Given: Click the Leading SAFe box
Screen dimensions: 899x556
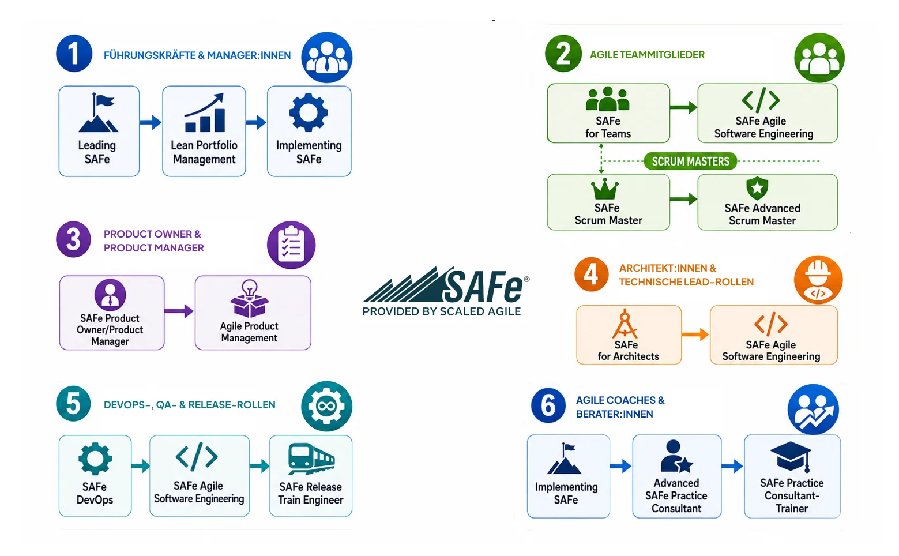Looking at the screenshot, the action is pyautogui.click(x=99, y=131).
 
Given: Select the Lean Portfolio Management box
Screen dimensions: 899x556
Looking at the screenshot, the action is pyautogui.click(x=204, y=131).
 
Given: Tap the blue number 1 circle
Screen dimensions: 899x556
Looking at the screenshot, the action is pyautogui.click(x=74, y=54).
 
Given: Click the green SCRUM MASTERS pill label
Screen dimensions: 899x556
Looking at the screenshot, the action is pyautogui.click(x=690, y=161).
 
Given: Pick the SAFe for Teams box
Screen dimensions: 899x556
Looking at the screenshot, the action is pyautogui.click(x=608, y=113).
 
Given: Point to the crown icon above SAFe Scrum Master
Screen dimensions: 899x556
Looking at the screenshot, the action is pyautogui.click(x=605, y=189).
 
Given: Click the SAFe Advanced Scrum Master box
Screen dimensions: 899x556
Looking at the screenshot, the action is pyautogui.click(x=768, y=202).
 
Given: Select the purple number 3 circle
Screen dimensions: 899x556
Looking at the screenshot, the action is pyautogui.click(x=73, y=239).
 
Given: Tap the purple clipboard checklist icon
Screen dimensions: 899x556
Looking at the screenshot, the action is pyautogui.click(x=291, y=245).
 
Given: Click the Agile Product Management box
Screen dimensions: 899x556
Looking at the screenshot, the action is pyautogui.click(x=253, y=313).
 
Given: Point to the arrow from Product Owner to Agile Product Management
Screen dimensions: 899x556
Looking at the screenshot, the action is pyautogui.click(x=179, y=311).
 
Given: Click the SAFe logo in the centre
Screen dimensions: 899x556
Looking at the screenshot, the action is pyautogui.click(x=446, y=291).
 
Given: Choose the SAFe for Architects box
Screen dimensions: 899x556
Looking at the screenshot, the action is pyautogui.click(x=629, y=335).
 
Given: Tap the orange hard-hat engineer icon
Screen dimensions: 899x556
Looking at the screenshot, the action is pyautogui.click(x=818, y=280).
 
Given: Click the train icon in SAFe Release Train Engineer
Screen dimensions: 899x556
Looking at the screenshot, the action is pyautogui.click(x=311, y=459).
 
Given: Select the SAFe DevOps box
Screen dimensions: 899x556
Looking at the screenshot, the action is pyautogui.click(x=95, y=476).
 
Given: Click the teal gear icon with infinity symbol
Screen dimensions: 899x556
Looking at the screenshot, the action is pyautogui.click(x=327, y=406).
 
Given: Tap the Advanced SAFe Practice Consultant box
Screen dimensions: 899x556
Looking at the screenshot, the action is pyautogui.click(x=676, y=476).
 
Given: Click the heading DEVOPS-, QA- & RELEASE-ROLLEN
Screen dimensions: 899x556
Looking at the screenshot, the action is pyautogui.click(x=190, y=405).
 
